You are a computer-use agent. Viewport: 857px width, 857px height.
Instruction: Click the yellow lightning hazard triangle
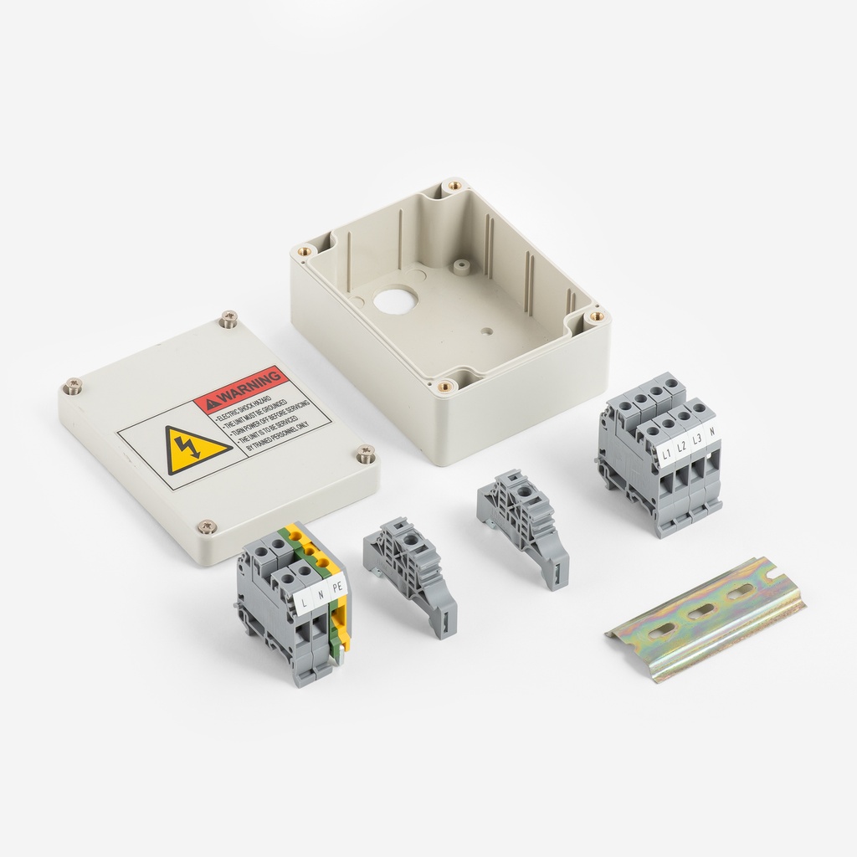click(x=196, y=449)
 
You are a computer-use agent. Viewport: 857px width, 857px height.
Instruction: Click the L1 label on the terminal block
click(x=667, y=455)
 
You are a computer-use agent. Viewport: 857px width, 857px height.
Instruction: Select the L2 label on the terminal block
click(x=681, y=448)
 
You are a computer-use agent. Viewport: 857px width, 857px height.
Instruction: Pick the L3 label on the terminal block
click(x=696, y=440)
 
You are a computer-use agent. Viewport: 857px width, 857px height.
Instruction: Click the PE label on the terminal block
click(x=337, y=588)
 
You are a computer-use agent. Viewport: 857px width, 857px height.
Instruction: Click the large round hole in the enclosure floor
click(x=395, y=300)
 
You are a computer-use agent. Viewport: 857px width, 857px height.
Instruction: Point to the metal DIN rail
click(x=705, y=618)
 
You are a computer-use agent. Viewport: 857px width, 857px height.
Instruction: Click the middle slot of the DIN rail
click(x=701, y=612)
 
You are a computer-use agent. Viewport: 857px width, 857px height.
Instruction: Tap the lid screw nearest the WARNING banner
click(x=228, y=318)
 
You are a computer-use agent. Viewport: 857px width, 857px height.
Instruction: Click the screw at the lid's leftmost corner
click(x=73, y=386)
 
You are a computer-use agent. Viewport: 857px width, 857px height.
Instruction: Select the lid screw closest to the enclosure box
click(x=366, y=454)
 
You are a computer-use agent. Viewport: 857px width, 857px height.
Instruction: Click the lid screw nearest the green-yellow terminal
click(x=206, y=526)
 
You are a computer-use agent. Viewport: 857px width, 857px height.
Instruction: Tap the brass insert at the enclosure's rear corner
click(x=454, y=185)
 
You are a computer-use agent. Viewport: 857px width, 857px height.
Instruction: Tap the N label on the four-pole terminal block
click(x=711, y=433)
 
